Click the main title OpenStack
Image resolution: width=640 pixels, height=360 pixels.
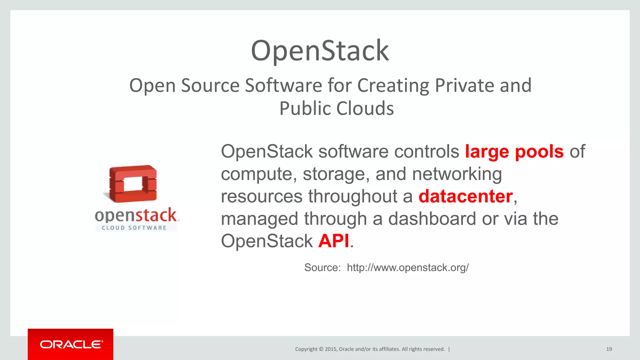[x=320, y=51]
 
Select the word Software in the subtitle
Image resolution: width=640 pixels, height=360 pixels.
[x=283, y=85]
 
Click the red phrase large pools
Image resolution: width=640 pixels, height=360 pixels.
[x=514, y=152]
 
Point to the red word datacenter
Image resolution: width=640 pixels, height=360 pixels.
[x=465, y=196]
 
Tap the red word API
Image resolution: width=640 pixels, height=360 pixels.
[x=333, y=241]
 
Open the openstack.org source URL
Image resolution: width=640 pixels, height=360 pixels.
[x=407, y=267]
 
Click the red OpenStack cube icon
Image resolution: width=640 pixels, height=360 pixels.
[x=133, y=183]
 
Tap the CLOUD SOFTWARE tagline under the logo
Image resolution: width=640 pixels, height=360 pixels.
[x=134, y=228]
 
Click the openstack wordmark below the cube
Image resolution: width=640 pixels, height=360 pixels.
[x=136, y=215]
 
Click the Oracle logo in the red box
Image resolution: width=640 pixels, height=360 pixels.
[x=71, y=344]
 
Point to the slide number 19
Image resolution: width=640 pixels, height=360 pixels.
[x=609, y=349]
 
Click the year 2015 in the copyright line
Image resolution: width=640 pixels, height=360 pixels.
[x=330, y=349]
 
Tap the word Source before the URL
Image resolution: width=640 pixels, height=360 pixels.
[x=322, y=267]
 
